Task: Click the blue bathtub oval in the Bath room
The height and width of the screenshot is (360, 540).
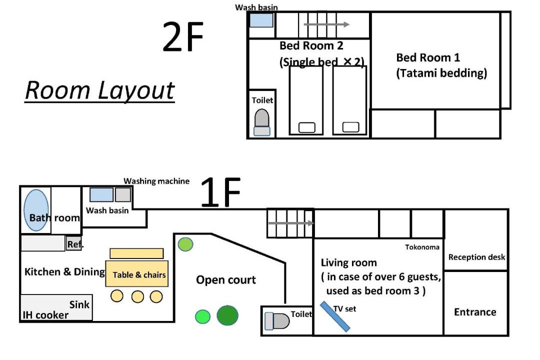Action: [36, 210]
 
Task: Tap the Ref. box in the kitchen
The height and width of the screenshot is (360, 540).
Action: [74, 244]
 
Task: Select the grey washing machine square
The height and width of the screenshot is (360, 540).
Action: [123, 194]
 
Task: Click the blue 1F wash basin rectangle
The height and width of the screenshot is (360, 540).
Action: [101, 194]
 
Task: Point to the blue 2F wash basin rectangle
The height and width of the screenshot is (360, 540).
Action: [261, 20]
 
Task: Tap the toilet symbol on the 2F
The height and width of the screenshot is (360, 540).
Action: [261, 122]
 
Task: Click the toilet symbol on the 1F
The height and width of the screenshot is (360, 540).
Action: [277, 321]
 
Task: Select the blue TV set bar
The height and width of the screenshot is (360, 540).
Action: [335, 316]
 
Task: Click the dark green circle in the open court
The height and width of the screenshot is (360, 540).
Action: [227, 315]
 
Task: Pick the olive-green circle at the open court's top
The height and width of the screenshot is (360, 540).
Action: [185, 244]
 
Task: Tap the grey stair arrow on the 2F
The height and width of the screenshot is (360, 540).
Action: [326, 24]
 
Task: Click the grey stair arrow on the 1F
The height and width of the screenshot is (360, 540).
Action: [291, 223]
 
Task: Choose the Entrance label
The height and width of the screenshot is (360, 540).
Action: [475, 312]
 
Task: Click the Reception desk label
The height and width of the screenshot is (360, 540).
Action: [476, 257]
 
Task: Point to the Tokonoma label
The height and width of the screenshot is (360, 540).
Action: [422, 247]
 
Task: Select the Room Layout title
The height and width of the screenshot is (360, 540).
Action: [100, 90]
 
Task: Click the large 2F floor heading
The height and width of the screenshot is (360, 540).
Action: [183, 36]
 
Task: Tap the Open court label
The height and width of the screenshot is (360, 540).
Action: [226, 279]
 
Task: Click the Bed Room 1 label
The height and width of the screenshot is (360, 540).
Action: [428, 57]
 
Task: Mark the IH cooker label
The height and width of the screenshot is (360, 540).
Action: [45, 315]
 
